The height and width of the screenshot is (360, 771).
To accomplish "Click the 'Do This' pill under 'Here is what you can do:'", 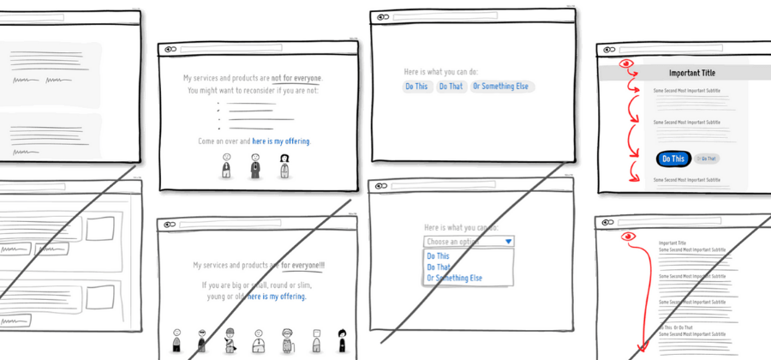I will tap(416, 87).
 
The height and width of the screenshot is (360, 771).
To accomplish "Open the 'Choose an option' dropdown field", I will tap(463, 242).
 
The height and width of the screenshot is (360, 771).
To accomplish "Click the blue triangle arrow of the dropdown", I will tap(509, 242).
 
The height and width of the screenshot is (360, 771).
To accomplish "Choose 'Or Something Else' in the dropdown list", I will tap(455, 279).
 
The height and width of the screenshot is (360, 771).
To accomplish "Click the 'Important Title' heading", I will tap(691, 74).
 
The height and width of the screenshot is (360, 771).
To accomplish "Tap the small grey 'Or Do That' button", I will tap(708, 159).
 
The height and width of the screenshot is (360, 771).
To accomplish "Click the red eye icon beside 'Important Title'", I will tap(626, 63).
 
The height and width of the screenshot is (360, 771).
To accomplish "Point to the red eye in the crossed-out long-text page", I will tap(628, 236).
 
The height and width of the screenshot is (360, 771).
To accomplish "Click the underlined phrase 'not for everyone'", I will tap(297, 78).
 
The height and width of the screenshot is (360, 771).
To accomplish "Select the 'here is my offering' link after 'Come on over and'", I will tap(281, 141).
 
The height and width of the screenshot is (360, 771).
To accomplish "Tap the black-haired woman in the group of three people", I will tap(284, 165).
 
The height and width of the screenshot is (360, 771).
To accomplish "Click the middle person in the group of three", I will tap(255, 165).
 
